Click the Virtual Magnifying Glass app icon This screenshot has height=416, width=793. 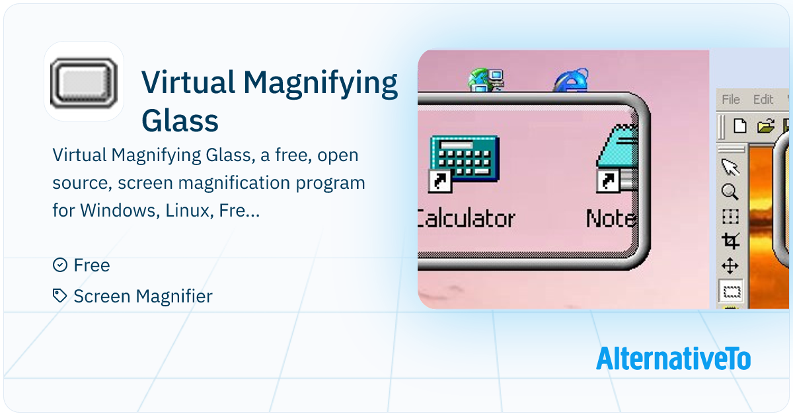coord(84,83)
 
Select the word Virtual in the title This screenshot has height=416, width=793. coord(188,83)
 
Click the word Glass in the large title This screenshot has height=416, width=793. coord(180,121)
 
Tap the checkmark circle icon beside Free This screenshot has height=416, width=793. coord(60,265)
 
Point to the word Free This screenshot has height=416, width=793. coord(92,265)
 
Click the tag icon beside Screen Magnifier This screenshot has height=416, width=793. coord(60,296)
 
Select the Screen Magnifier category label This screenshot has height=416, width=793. coord(143,296)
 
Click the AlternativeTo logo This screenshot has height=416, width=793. coord(673,359)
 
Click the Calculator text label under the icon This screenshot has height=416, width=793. coord(466,219)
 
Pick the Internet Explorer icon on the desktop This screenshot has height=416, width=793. coord(572,81)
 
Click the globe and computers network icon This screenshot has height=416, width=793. coord(486,81)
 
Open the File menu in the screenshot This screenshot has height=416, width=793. coord(731,100)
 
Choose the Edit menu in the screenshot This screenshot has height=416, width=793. coord(763,100)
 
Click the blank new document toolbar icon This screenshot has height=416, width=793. coord(739,126)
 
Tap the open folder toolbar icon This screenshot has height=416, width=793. coord(765,126)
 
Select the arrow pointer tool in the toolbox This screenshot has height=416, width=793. coord(730,167)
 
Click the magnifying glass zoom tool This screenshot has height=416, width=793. coord(730,192)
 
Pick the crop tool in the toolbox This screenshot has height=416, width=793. coord(730,241)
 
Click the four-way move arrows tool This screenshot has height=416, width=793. coord(730,266)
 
